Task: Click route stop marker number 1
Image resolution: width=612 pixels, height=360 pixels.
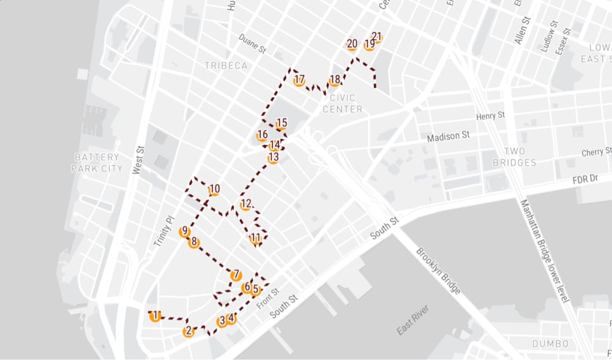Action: pos(156,316)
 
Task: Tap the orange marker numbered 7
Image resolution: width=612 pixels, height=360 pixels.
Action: pos(236,275)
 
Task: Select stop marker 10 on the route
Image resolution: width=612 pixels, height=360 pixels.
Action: pos(214,190)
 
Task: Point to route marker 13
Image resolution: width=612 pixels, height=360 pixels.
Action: pos(273,158)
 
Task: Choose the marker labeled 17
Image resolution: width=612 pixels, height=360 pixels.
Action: pos(299,80)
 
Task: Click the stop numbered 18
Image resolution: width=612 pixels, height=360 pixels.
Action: pos(334,80)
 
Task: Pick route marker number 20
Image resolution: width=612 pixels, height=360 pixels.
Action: pos(352,44)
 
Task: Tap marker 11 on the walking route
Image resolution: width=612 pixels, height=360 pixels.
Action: pos(256,238)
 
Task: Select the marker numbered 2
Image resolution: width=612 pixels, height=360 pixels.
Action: pos(188,331)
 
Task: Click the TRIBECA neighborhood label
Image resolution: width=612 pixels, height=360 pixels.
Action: pos(226,66)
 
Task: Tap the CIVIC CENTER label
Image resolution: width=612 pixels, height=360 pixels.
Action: pos(346,103)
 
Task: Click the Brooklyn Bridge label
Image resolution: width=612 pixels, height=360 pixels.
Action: pos(438,271)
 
